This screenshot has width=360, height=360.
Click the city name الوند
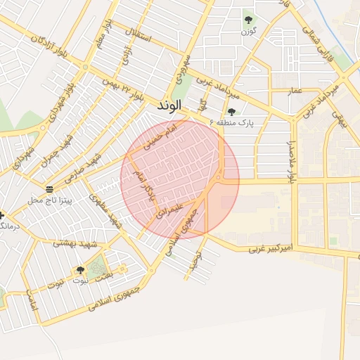(x=169, y=105)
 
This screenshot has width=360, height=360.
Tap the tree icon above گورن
(x=247, y=19)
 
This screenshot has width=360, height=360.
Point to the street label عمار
(x=295, y=91)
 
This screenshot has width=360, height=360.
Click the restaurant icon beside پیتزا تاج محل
(x=49, y=188)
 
